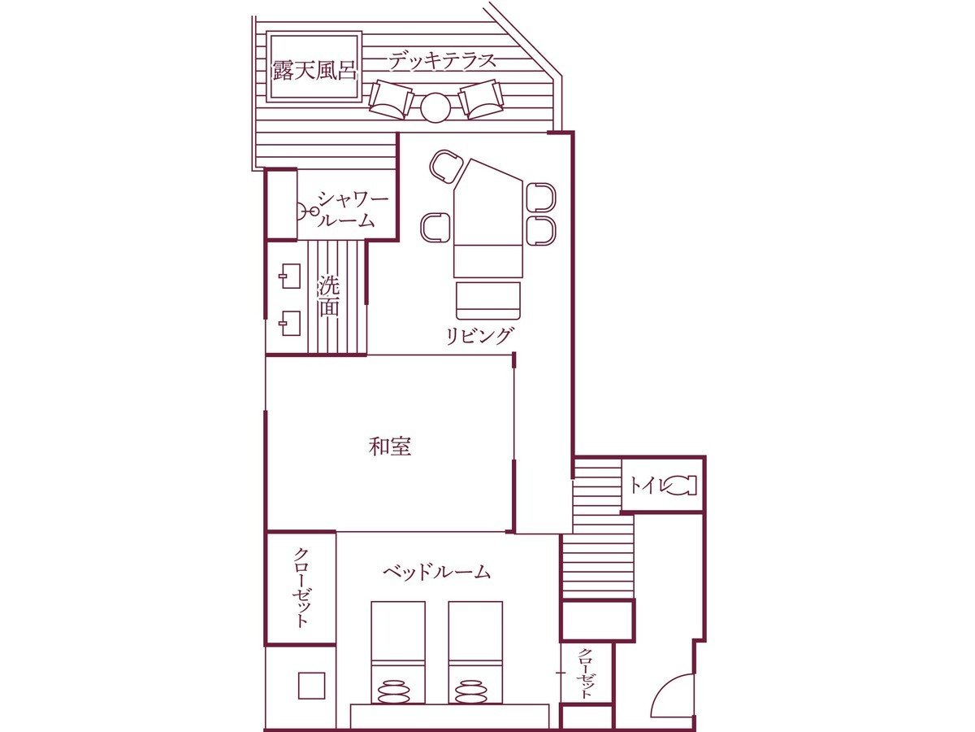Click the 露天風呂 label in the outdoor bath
[x=314, y=70]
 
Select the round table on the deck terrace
[x=435, y=107]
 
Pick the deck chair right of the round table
[x=481, y=99]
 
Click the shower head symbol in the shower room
[x=306, y=211]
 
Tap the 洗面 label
[x=329, y=297]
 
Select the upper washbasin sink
[x=289, y=276]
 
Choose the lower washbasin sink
[x=289, y=323]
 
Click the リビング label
[x=479, y=336]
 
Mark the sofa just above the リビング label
[x=487, y=300]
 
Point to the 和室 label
[x=389, y=447]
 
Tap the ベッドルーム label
[x=436, y=572]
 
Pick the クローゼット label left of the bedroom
[x=301, y=587]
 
